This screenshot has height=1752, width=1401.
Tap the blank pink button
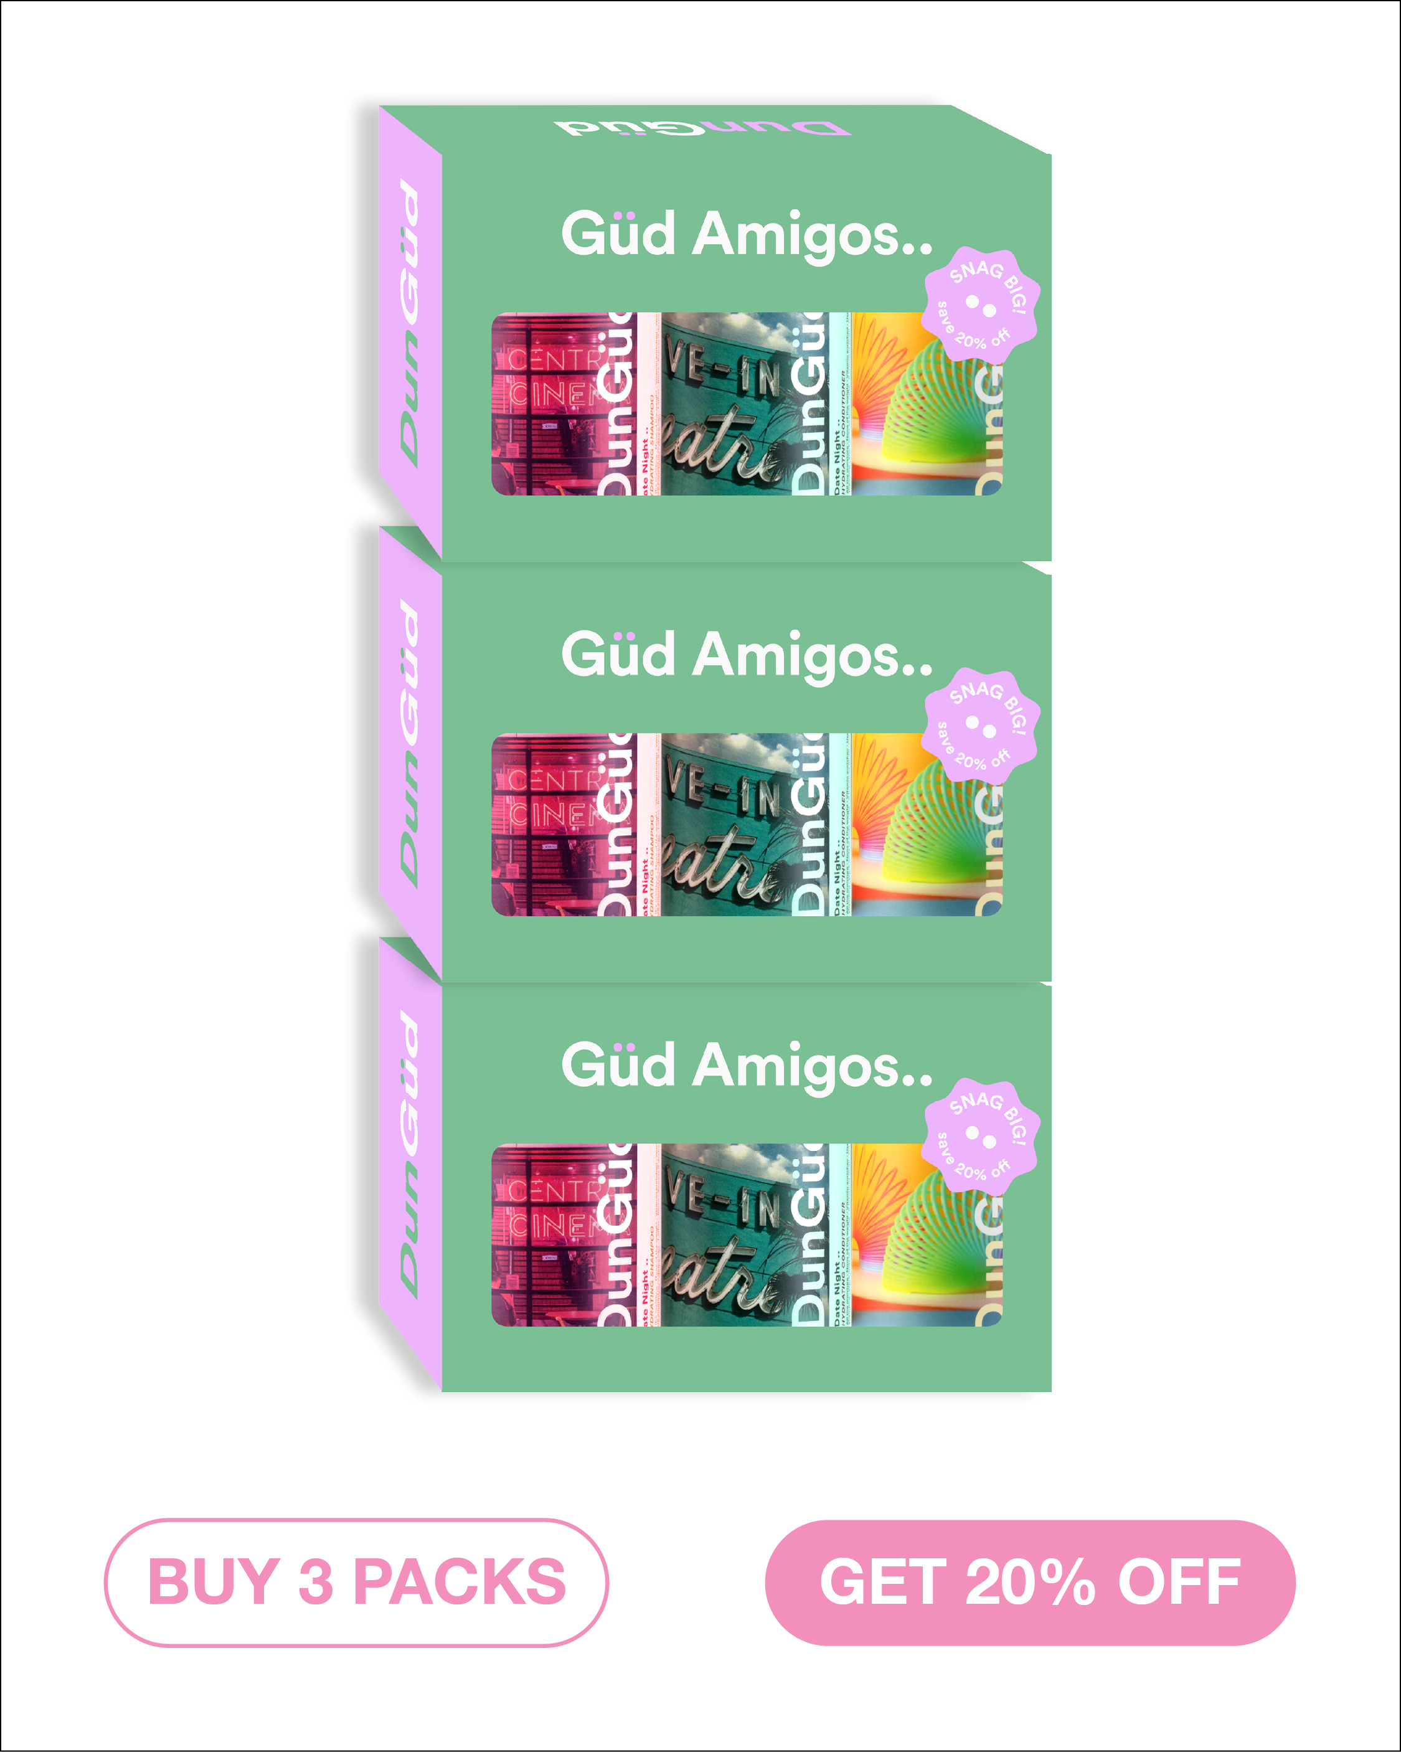357,1584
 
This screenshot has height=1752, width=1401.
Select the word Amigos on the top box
813,235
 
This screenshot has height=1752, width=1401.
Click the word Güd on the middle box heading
618,655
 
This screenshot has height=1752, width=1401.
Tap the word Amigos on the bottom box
813,1066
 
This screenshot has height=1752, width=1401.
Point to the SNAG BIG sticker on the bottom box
981,1137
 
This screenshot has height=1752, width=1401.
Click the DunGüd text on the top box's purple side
410,325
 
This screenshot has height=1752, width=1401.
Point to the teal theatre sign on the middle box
724,825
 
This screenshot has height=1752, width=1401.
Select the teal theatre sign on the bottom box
724,1235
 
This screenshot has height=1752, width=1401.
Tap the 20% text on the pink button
1030,1584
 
